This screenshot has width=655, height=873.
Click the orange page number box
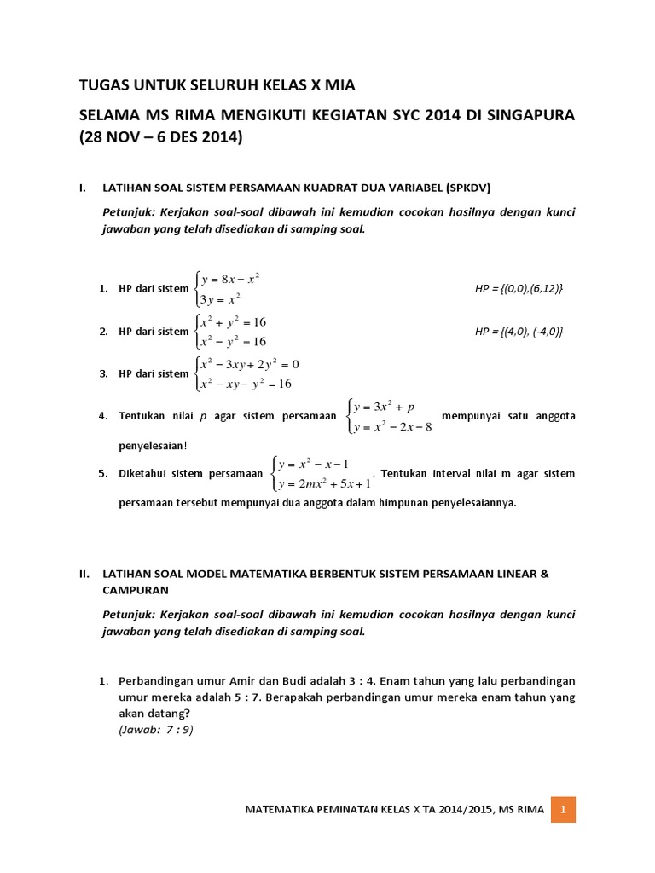[563, 808]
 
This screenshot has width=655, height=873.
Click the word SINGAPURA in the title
[528, 114]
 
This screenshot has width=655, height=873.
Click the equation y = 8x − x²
[229, 279]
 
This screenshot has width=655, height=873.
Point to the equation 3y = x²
[221, 299]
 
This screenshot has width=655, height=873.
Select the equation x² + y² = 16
[234, 322]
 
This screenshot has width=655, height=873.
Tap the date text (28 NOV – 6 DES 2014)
[160, 137]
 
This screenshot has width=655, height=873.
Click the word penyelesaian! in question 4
[152, 445]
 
